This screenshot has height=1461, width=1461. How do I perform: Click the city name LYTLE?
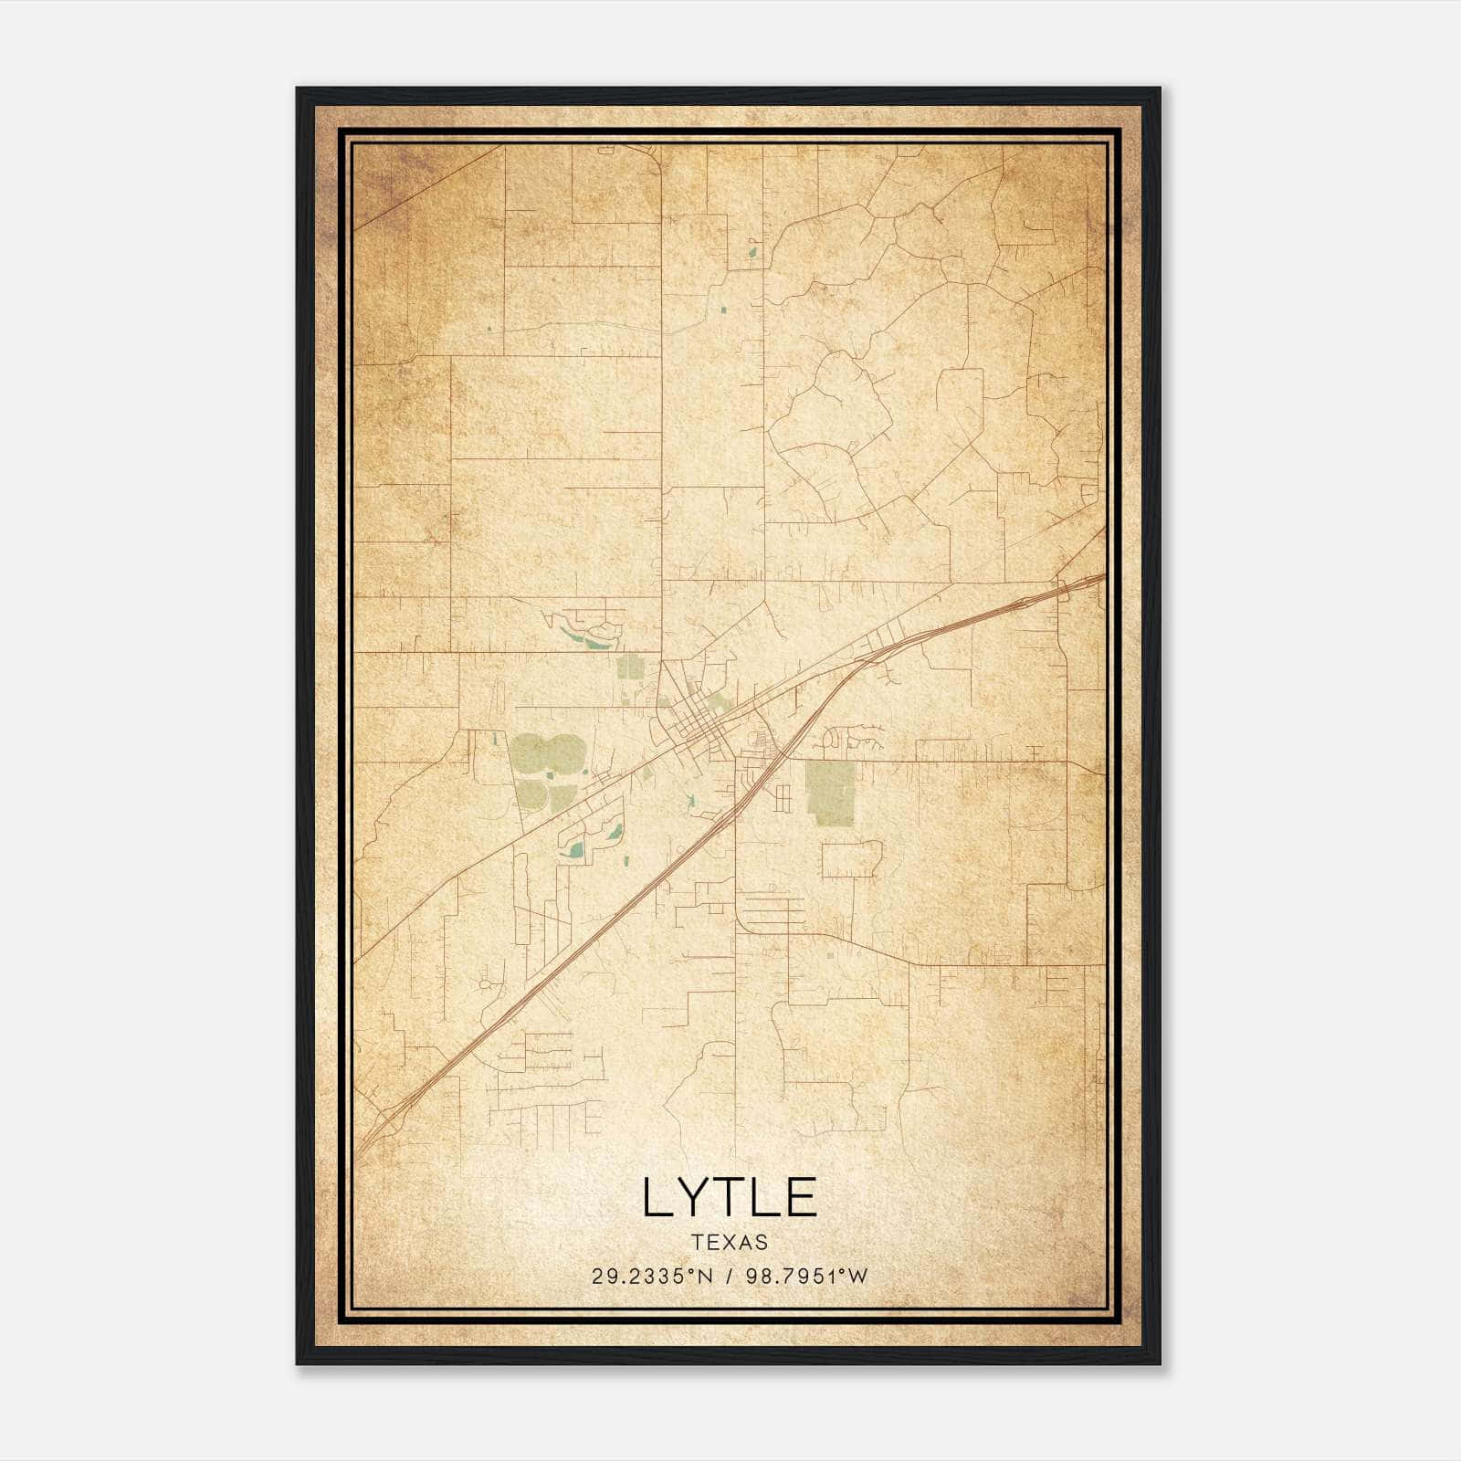[x=729, y=1197]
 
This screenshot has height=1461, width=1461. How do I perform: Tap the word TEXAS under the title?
[x=729, y=1243]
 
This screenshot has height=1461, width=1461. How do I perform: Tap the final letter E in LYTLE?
[x=801, y=1197]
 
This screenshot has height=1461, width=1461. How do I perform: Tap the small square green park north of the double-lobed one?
[x=629, y=667]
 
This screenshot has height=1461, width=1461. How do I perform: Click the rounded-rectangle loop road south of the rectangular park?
[x=851, y=860]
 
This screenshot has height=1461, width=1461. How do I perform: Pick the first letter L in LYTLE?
[x=658, y=1197]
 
